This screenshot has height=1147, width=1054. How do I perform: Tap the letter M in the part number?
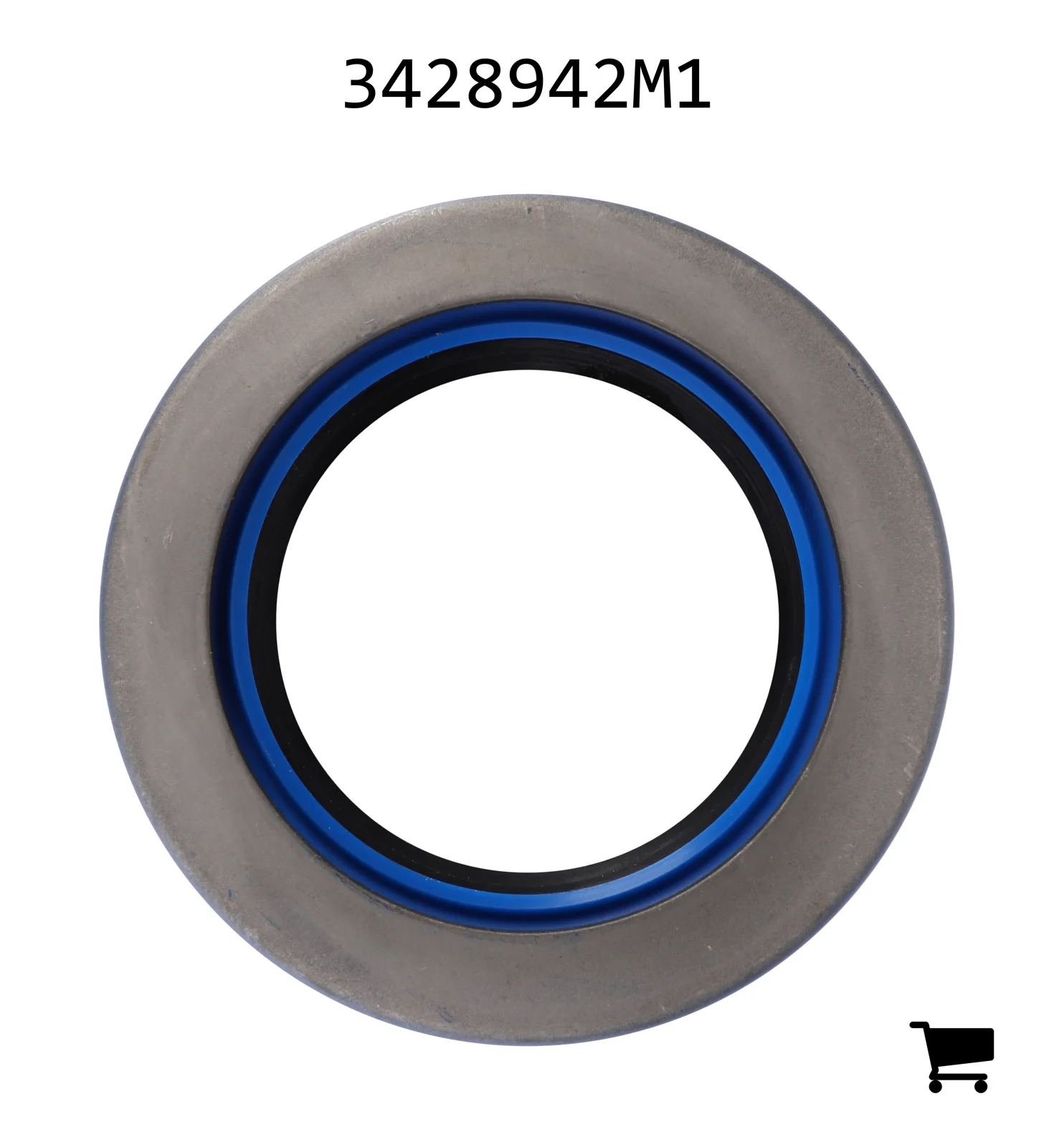650,84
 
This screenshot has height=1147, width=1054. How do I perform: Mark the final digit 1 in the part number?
691,84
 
